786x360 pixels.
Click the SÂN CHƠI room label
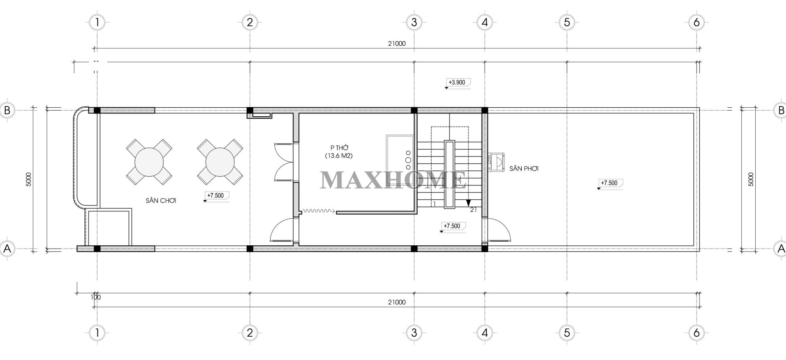click(x=161, y=201)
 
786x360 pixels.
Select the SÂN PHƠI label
click(x=524, y=168)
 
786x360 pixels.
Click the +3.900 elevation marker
click(x=457, y=82)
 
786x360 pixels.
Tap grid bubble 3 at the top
click(x=414, y=22)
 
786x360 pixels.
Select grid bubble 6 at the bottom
click(x=697, y=333)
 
